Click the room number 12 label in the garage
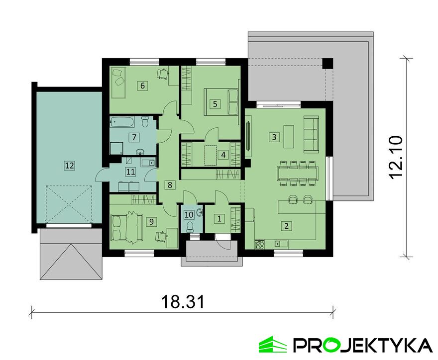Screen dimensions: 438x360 [70, 166]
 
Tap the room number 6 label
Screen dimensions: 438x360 [143, 86]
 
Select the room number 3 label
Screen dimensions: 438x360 [274, 137]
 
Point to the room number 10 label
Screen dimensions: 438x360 [189, 215]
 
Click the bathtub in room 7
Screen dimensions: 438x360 [123, 122]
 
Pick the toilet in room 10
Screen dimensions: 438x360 [190, 226]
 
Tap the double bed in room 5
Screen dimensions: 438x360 [221, 101]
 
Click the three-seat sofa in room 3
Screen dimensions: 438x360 [311, 134]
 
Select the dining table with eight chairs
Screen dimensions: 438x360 [298, 173]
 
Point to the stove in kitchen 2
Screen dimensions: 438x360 [260, 245]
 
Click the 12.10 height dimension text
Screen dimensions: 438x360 [396, 158]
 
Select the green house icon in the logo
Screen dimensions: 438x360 [273, 345]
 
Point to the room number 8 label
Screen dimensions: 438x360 [170, 184]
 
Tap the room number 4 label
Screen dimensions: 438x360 [223, 154]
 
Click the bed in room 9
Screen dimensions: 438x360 [127, 225]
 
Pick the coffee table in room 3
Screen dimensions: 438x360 [289, 136]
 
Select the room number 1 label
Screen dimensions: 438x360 [219, 218]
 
